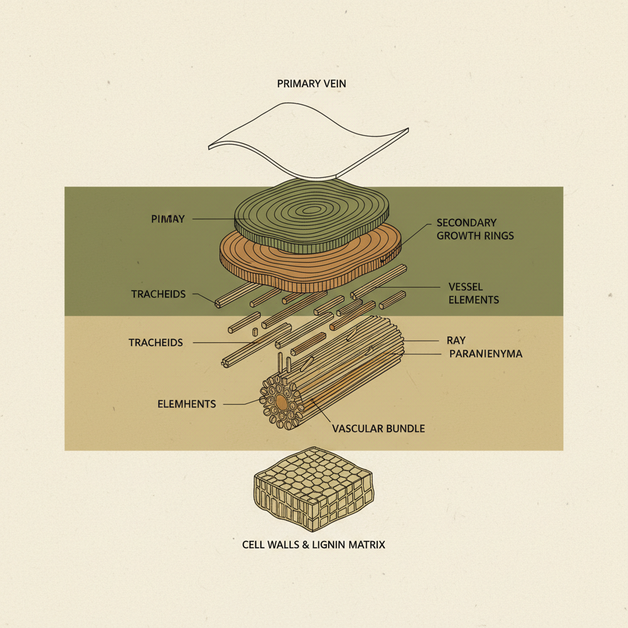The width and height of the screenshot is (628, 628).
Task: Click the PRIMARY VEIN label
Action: (x=311, y=83)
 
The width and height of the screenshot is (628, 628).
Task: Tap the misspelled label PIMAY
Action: (x=167, y=218)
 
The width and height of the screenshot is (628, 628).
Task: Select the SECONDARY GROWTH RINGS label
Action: (x=475, y=229)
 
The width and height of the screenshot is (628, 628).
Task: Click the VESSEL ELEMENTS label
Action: (x=473, y=293)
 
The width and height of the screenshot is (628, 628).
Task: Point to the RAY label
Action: (x=456, y=340)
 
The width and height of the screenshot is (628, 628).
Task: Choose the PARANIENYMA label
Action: (x=485, y=354)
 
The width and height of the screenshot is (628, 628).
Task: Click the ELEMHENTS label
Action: (x=186, y=404)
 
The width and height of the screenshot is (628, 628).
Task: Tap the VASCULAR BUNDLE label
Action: (x=378, y=429)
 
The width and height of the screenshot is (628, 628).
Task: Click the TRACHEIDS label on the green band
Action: (x=158, y=294)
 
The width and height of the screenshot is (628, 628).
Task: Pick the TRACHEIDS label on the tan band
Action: (x=155, y=342)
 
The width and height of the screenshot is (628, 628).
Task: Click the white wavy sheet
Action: (x=307, y=141)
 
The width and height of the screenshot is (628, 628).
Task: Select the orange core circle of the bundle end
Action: (x=281, y=402)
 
